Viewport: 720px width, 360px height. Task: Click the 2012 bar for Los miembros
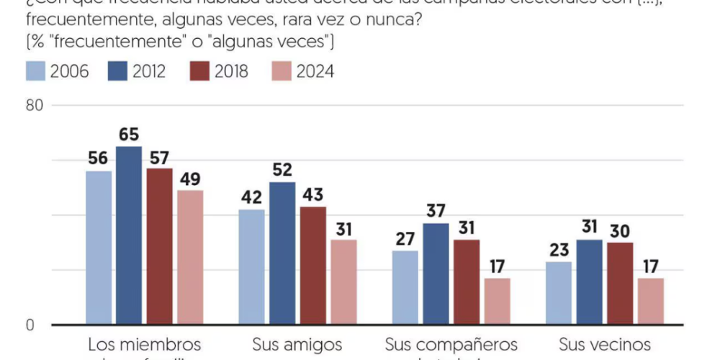pyautogui.click(x=129, y=235)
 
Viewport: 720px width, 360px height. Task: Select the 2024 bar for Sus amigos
pyautogui.click(x=343, y=282)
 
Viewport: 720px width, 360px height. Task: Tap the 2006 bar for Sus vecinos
pyautogui.click(x=559, y=293)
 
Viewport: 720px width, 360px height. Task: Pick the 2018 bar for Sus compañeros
pyautogui.click(x=467, y=282)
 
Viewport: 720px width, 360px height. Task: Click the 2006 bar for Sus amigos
pyautogui.click(x=252, y=267)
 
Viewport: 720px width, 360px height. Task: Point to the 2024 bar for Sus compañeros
pyautogui.click(x=497, y=301)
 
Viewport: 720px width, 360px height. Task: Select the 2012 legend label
pyautogui.click(x=148, y=71)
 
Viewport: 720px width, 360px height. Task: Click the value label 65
pyautogui.click(x=129, y=135)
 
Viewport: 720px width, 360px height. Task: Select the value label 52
pyautogui.click(x=282, y=170)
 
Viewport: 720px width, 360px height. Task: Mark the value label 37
pyautogui.click(x=436, y=211)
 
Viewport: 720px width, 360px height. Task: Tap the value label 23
pyautogui.click(x=559, y=250)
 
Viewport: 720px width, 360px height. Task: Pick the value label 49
pyautogui.click(x=190, y=178)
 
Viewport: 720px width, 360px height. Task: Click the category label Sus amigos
pyautogui.click(x=297, y=344)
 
